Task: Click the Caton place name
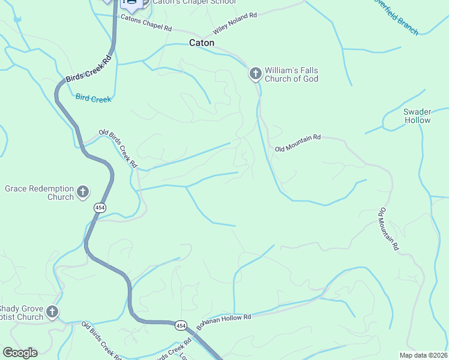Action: [x=202, y=43]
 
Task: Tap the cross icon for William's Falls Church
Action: [x=255, y=74]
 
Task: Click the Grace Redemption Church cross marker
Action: [x=83, y=193]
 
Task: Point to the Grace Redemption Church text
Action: [x=39, y=193]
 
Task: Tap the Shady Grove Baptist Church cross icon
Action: [x=52, y=311]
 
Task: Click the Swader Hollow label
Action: [x=417, y=116]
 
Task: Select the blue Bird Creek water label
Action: [x=93, y=98]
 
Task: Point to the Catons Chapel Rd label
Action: [x=146, y=23]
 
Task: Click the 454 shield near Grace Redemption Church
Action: [x=99, y=207]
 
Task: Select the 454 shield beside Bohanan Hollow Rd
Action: [x=181, y=325]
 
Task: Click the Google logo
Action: [x=20, y=353]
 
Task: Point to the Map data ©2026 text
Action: [x=423, y=355]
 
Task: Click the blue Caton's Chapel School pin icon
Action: [x=130, y=4]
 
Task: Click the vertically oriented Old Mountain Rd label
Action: [x=388, y=229]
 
